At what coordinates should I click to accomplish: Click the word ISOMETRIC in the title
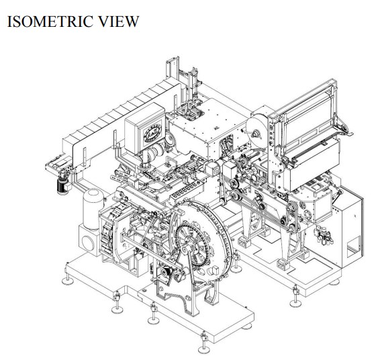pos(50,21)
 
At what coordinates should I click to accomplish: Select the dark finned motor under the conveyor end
pos(63,186)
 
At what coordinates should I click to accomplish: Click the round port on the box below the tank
pos(88,243)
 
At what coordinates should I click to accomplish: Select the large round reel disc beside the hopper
pos(257,132)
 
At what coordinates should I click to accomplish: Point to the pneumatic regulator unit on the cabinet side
pos(323,234)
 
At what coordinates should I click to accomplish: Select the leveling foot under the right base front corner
pos(295,297)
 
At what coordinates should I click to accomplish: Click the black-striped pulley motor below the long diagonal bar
pos(167,273)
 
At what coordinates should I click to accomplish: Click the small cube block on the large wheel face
pos(214,270)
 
